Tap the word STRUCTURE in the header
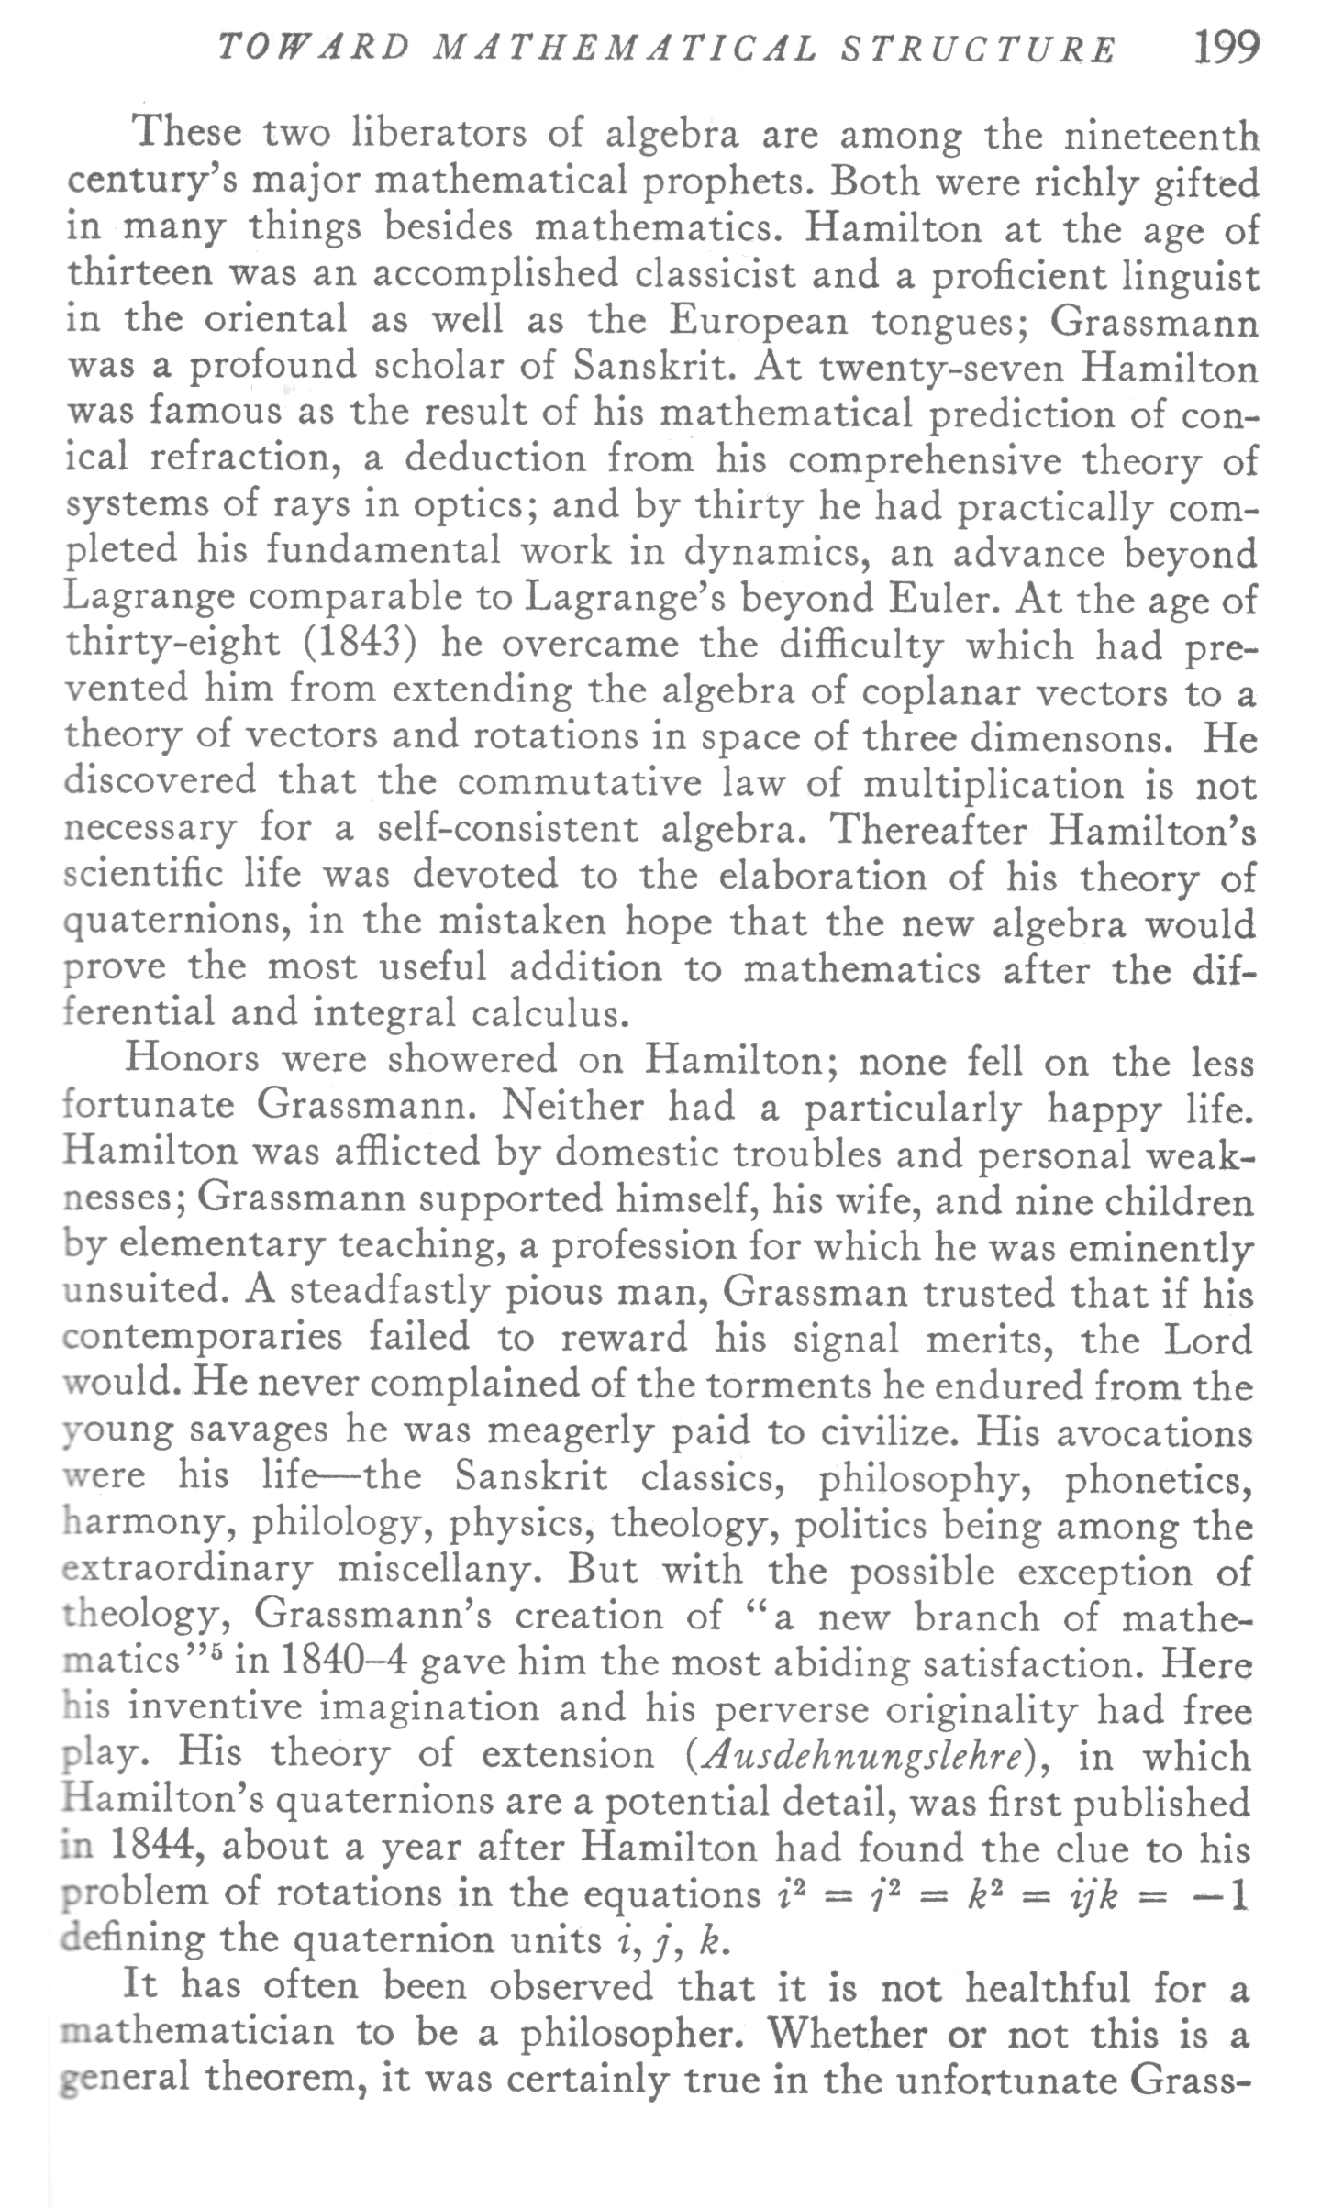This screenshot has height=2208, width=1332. [x=979, y=50]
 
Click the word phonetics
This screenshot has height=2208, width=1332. [x=1159, y=1478]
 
